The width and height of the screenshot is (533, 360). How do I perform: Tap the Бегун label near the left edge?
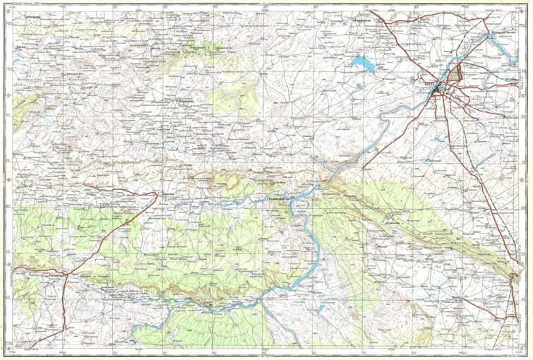28,186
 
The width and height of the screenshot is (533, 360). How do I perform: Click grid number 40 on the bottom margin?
214,352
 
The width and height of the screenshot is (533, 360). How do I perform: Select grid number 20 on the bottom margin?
114,352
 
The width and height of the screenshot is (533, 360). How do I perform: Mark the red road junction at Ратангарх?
66,274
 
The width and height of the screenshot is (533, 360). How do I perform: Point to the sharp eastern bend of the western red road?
157,193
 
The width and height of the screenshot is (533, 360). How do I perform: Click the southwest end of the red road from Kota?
363,169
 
